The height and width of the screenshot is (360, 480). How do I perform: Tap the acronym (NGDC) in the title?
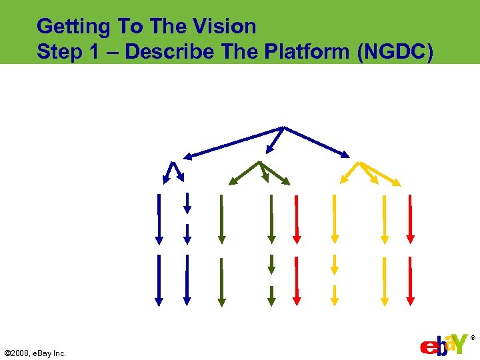(395, 52)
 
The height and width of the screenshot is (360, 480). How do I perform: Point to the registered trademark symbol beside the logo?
(473, 338)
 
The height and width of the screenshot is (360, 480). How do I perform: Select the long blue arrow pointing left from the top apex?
(233, 142)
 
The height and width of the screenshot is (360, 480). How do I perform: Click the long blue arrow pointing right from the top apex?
(317, 142)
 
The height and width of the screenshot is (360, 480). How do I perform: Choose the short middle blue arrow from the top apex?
(275, 140)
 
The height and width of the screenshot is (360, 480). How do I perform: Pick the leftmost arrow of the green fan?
(244, 173)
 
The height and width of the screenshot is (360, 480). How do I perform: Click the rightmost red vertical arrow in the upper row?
(411, 218)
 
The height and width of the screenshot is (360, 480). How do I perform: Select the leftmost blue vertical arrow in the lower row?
(159, 280)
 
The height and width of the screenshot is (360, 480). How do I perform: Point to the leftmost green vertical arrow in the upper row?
(221, 218)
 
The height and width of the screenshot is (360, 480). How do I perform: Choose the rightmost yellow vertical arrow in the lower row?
(384, 280)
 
